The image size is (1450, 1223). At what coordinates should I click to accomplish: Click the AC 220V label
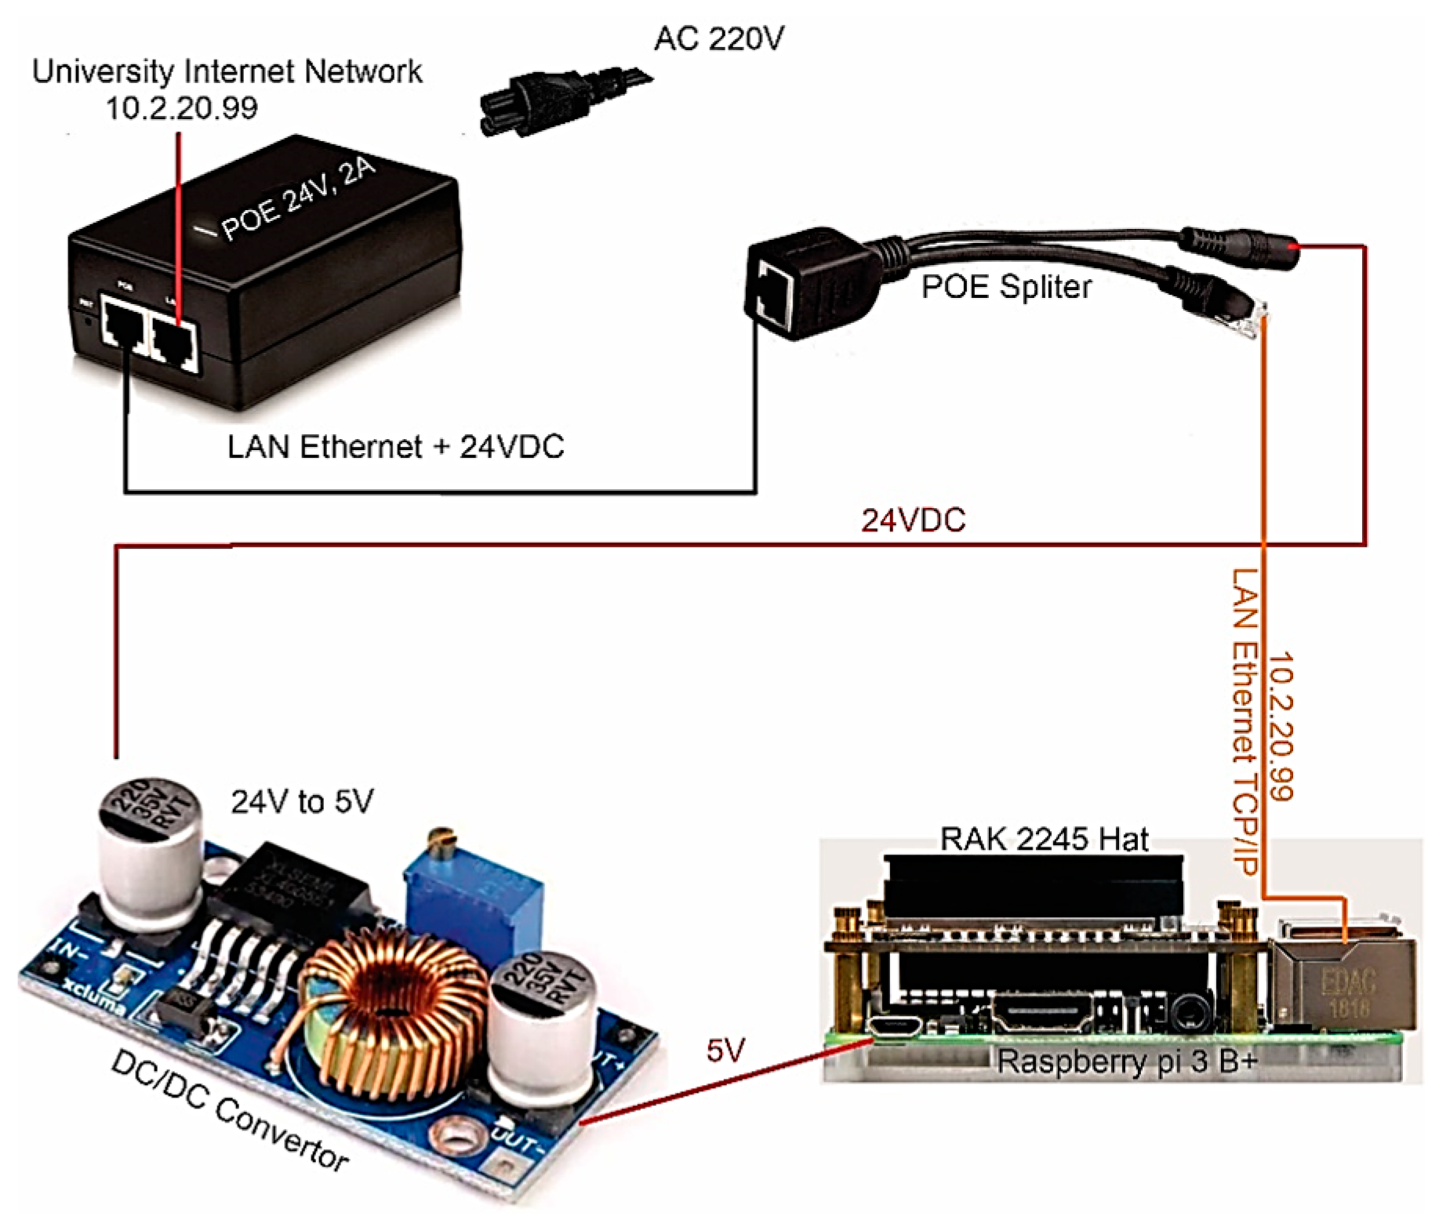(718, 38)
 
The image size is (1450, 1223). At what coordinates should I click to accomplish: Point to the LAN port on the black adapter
(174, 342)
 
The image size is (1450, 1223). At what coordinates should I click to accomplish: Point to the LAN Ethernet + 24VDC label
(395, 447)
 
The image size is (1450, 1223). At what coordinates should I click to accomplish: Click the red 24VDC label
(913, 521)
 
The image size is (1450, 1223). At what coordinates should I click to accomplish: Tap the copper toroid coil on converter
(392, 1007)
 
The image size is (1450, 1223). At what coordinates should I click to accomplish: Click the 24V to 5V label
(302, 802)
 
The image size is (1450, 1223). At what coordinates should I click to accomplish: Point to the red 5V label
(725, 1051)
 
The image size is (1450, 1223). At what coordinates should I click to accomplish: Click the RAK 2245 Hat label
(1043, 839)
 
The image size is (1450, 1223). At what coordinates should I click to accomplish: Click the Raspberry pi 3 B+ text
(1126, 1062)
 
